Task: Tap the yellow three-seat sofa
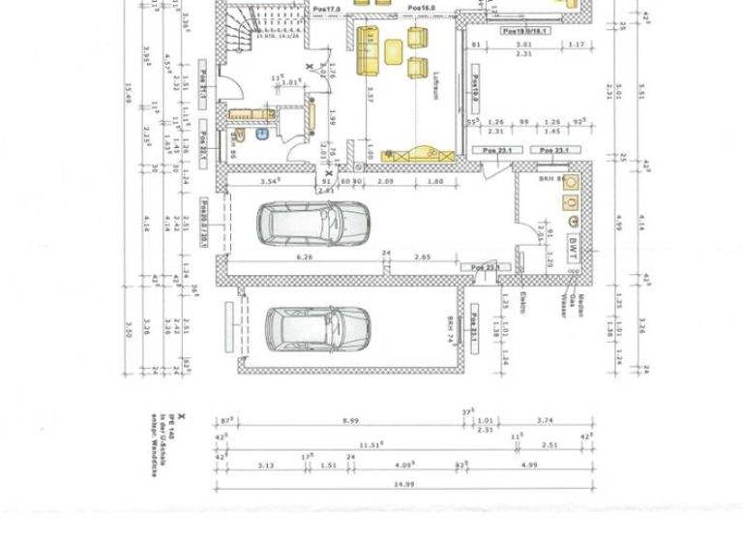pyautogui.click(x=368, y=50)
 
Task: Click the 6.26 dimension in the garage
pyautogui.click(x=307, y=256)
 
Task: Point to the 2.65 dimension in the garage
pyautogui.click(x=423, y=256)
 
